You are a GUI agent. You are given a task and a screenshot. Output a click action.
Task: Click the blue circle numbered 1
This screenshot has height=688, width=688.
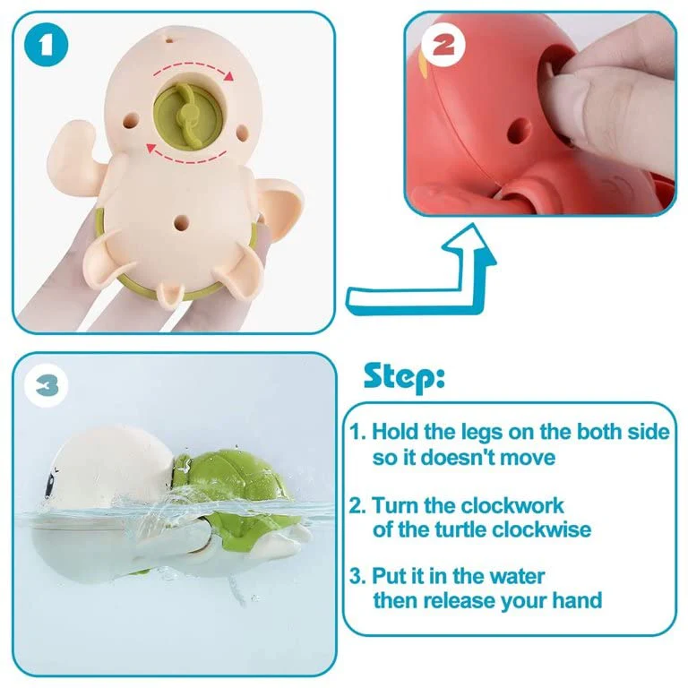click(46, 46)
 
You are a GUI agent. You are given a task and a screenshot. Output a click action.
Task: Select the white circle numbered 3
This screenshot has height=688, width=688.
click(47, 386)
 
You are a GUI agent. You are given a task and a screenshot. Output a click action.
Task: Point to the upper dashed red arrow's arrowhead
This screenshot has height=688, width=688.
click(228, 76)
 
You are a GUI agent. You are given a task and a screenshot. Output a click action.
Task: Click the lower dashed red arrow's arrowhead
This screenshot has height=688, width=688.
click(151, 149)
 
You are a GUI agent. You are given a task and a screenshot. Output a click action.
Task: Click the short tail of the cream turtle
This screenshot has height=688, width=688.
click(169, 293)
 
